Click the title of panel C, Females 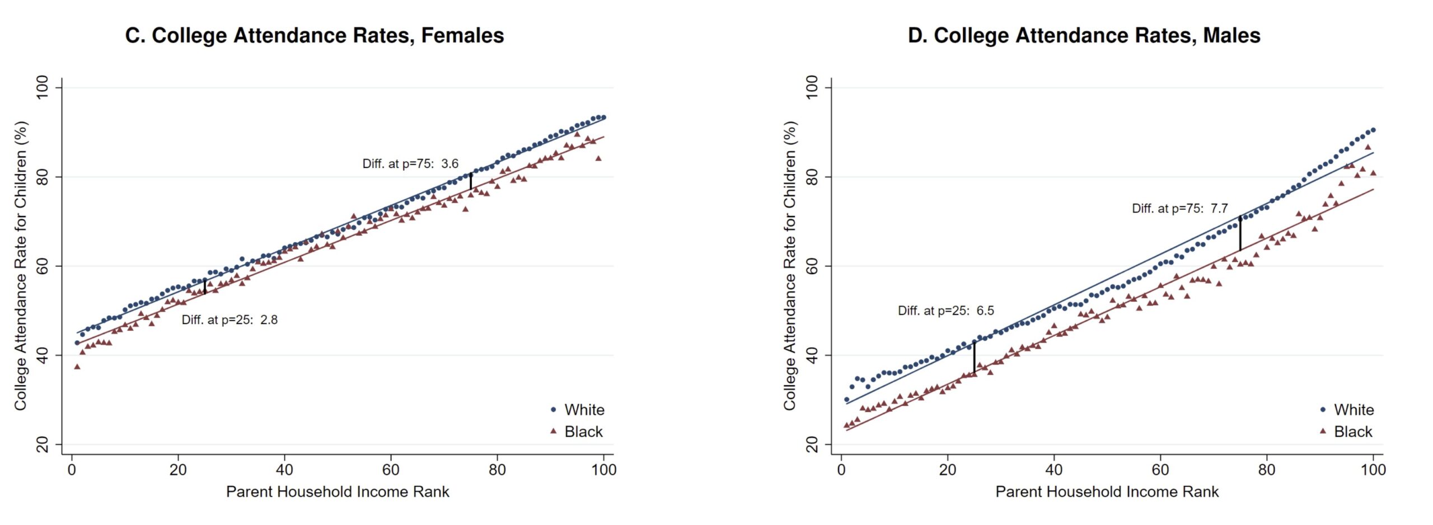[x=314, y=36]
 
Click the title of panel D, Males [x=1084, y=36]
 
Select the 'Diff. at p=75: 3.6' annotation [x=410, y=164]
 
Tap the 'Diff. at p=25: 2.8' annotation [x=230, y=320]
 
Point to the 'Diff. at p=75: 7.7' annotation [x=1180, y=209]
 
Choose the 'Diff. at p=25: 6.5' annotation [x=946, y=311]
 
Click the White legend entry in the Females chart [x=584, y=410]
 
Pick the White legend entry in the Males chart [x=1354, y=410]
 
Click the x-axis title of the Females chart [x=338, y=492]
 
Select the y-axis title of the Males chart [x=790, y=266]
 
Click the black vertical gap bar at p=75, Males [x=1240, y=234]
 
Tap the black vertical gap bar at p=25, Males [x=975, y=357]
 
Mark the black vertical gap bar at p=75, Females [x=471, y=181]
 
